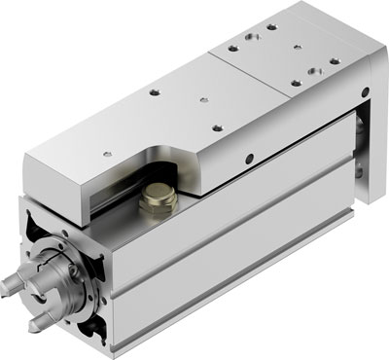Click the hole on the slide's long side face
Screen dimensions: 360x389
pos(251,160)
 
